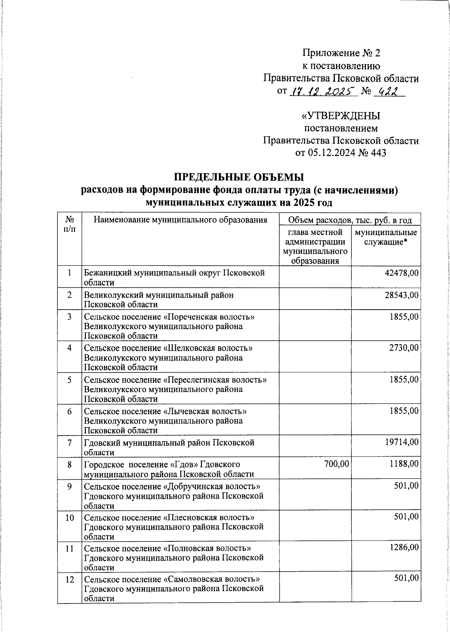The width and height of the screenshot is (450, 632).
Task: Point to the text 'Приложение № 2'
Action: point(341,53)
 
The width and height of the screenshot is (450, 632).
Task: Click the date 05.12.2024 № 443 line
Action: point(341,153)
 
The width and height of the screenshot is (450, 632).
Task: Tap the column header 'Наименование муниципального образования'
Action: point(180,220)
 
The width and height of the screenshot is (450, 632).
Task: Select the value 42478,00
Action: point(401,273)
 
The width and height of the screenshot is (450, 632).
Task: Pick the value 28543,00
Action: point(401,295)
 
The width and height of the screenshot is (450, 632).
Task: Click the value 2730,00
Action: point(403,348)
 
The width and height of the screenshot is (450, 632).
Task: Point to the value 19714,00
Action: point(401,443)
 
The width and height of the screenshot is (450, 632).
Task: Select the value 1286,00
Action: point(403,548)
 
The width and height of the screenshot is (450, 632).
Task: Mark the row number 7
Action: point(70,443)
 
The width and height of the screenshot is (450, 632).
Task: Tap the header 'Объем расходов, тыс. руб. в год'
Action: point(350,220)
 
